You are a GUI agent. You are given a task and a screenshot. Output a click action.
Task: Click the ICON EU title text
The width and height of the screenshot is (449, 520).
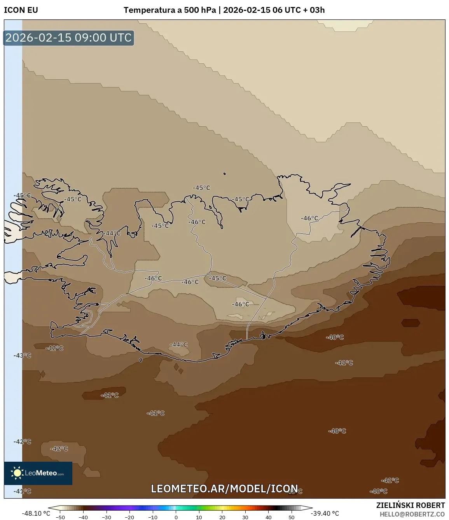(21, 10)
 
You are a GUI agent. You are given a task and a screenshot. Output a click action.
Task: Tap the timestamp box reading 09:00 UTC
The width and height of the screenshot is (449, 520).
(68, 38)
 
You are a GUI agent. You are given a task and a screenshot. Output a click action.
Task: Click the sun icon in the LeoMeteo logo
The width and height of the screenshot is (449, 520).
(17, 473)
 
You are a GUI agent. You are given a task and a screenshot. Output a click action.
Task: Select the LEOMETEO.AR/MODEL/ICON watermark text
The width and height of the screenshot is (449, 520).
(224, 489)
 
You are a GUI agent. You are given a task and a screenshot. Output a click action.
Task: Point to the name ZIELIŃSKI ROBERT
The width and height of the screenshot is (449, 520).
(410, 505)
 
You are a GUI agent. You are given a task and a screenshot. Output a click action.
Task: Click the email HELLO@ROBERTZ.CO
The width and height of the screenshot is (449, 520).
(412, 514)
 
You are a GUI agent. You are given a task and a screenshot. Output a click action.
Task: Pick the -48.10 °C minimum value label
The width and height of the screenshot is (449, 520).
(36, 513)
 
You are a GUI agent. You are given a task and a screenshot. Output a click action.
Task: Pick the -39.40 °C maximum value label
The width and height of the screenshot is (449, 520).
(325, 513)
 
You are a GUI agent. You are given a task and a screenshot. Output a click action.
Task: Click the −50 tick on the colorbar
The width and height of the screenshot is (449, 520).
(60, 517)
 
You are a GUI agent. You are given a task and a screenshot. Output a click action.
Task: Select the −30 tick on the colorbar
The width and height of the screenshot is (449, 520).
(107, 517)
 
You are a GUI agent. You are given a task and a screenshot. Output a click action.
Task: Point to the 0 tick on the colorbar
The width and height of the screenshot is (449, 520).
(176, 517)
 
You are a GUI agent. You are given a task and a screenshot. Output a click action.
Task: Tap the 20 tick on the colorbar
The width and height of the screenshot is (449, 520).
(222, 517)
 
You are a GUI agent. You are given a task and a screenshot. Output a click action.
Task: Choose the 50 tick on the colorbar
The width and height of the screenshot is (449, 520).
(292, 517)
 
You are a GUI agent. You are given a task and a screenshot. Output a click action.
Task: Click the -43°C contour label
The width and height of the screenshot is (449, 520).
(22, 356)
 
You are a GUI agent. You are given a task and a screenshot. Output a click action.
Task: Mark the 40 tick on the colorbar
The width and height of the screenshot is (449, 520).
(268, 517)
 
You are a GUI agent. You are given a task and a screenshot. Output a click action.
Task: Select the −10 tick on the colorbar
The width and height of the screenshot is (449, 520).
(153, 517)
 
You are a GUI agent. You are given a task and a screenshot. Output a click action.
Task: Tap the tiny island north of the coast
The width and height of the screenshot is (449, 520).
(224, 174)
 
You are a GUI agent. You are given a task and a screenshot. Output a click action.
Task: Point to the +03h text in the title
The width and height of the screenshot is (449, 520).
(317, 10)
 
